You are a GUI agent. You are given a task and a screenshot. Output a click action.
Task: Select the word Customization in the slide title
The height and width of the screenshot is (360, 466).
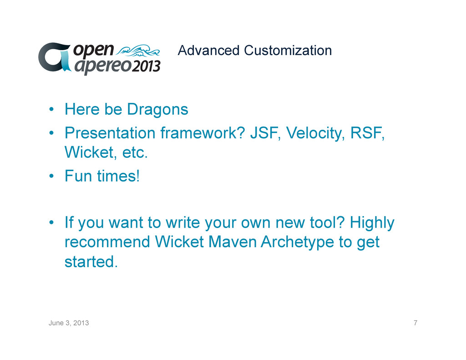pyautogui.click(x=288, y=51)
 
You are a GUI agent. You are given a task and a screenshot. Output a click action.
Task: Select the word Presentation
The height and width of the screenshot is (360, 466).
pyautogui.click(x=110, y=133)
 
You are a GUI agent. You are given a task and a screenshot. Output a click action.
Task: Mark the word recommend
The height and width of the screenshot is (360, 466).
pyautogui.click(x=107, y=242)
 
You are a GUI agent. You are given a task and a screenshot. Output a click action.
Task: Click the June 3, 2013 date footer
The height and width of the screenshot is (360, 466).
pyautogui.click(x=69, y=323)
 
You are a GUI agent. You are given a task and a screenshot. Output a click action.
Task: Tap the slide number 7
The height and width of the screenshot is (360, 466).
pyautogui.click(x=415, y=323)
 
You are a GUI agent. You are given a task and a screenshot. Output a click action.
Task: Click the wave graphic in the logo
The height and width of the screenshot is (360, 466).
pyautogui.click(x=138, y=50)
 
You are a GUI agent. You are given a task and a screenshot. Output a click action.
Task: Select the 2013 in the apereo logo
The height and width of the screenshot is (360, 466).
pyautogui.click(x=146, y=66)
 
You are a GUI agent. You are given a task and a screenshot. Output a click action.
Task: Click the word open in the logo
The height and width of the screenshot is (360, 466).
pyautogui.click(x=94, y=50)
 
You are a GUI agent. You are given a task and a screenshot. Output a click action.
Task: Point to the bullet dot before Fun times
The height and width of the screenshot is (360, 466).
pyautogui.click(x=51, y=176)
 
